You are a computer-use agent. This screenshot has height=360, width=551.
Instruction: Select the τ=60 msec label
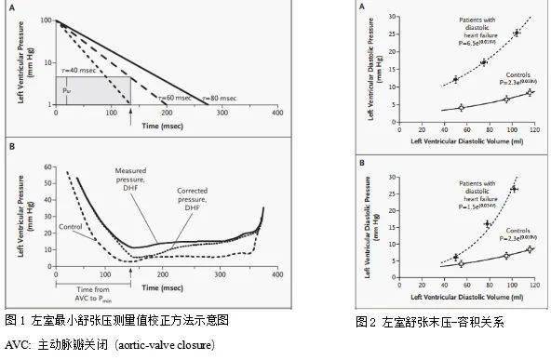pos(177,97)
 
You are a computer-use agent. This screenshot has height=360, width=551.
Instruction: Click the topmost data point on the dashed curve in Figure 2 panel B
pos(514,189)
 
